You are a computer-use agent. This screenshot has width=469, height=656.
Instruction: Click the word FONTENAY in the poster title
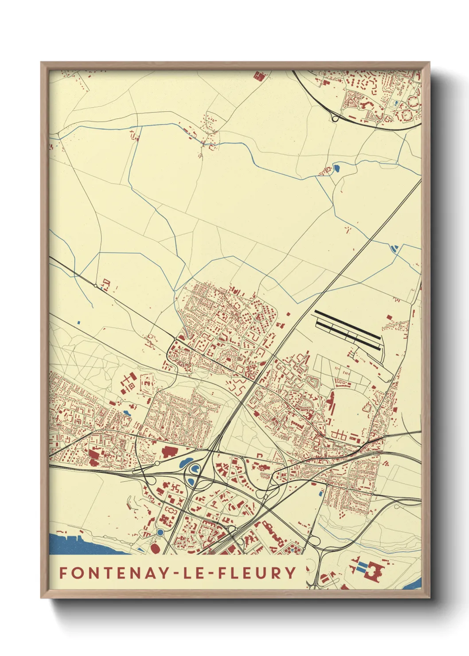point(113,573)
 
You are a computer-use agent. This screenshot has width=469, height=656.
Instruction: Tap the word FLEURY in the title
point(258,573)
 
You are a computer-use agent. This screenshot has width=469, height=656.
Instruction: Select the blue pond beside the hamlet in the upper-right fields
point(336,168)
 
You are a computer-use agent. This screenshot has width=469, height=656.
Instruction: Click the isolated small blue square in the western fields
point(78,322)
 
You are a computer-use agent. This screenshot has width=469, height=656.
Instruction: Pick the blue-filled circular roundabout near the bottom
point(160,532)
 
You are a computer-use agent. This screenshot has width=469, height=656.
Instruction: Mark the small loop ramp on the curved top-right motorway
point(335,118)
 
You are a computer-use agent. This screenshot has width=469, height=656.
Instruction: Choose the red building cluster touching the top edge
point(258,76)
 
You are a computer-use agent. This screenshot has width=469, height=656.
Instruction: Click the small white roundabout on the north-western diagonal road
point(96,286)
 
